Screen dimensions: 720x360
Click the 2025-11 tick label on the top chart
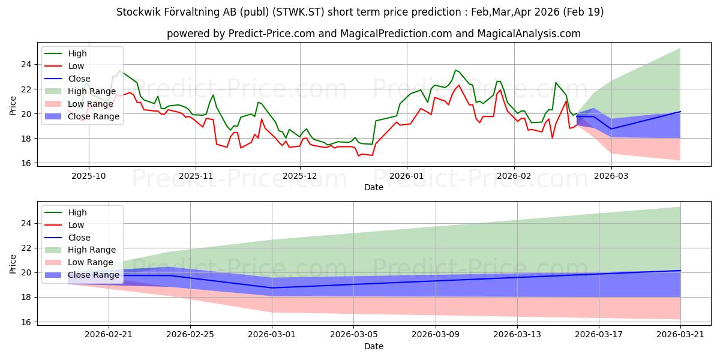click(x=196, y=176)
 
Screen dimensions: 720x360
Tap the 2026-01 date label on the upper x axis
click(x=407, y=176)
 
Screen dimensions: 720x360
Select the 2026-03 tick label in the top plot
click(x=611, y=176)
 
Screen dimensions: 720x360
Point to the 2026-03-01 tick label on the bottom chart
click(x=272, y=335)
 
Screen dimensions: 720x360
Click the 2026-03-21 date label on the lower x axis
click(x=680, y=335)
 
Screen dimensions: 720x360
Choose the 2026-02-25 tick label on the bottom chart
click(x=190, y=335)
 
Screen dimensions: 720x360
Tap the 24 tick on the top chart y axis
click(x=26, y=65)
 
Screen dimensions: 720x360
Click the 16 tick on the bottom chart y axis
click(x=26, y=322)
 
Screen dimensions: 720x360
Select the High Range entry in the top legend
click(x=80, y=91)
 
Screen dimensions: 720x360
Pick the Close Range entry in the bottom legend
click(x=82, y=275)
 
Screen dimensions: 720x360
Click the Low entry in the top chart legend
click(x=64, y=66)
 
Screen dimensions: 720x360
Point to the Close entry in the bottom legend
click(x=67, y=238)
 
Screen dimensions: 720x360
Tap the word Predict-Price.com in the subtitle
click(x=272, y=34)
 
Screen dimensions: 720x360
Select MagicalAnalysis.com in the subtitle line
click(x=529, y=34)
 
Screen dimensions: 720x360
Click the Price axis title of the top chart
click(x=13, y=106)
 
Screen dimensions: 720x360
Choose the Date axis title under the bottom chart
click(x=373, y=346)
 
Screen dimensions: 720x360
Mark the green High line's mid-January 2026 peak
click(x=455, y=70)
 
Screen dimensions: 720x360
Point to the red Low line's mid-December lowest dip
click(x=359, y=156)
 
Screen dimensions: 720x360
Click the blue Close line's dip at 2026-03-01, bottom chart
click(x=272, y=287)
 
